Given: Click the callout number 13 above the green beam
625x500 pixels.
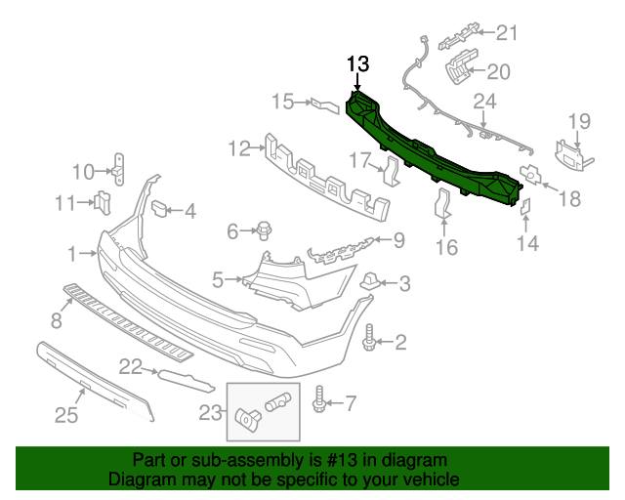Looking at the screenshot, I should [358, 64].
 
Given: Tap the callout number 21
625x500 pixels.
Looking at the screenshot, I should [505, 34].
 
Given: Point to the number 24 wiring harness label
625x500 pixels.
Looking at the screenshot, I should [485, 102].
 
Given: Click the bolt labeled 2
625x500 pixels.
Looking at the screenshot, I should [371, 342].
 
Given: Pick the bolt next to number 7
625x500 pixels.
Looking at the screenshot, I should [319, 400].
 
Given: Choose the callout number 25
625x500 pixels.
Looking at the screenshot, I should [65, 416].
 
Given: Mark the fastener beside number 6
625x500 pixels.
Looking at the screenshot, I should [265, 231].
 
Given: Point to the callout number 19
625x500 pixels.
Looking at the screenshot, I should [580, 122].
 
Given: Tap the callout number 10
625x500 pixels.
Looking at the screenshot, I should [82, 173].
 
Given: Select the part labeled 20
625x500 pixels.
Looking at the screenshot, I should [458, 69].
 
